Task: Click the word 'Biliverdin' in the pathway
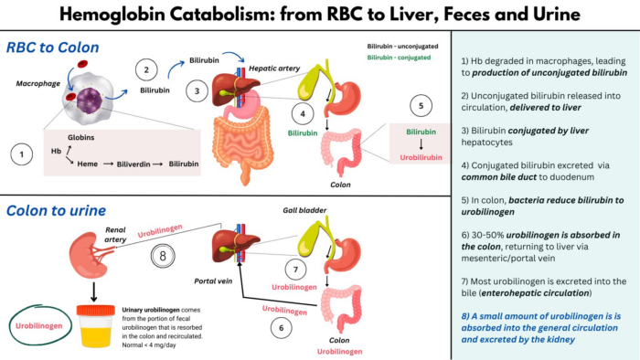coord(141,166)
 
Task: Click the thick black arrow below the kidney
coord(93,291)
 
